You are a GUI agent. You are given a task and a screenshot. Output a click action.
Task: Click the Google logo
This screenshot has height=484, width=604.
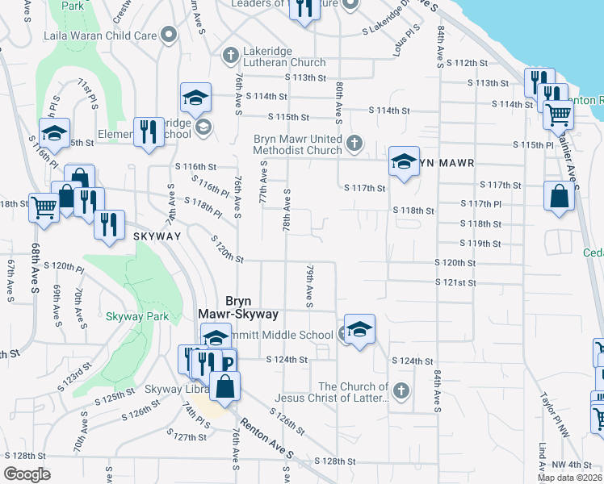pos(26,474)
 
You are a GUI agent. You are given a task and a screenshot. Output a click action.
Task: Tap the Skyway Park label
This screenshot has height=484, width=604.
pos(137,316)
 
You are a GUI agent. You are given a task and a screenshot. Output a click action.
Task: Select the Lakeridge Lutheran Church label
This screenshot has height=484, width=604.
pos(275,62)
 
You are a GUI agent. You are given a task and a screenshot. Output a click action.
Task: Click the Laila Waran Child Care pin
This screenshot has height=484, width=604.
pos(169,35)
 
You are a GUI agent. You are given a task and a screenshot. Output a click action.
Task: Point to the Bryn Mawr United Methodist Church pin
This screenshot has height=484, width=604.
pos(353,144)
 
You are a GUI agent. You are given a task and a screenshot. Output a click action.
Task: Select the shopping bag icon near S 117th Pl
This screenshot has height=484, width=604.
pos(559,196)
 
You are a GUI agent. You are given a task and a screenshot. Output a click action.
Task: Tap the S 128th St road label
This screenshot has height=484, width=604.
pos(335,461)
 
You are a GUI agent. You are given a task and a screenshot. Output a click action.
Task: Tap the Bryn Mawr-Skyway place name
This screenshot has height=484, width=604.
pos(239,307)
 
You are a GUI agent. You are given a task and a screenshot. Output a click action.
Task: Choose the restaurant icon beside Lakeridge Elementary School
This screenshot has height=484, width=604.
pos(148,131)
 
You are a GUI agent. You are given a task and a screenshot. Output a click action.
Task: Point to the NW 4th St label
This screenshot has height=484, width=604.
pos(572,465)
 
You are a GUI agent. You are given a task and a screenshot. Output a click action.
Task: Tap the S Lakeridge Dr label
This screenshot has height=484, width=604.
pos(392,29)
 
